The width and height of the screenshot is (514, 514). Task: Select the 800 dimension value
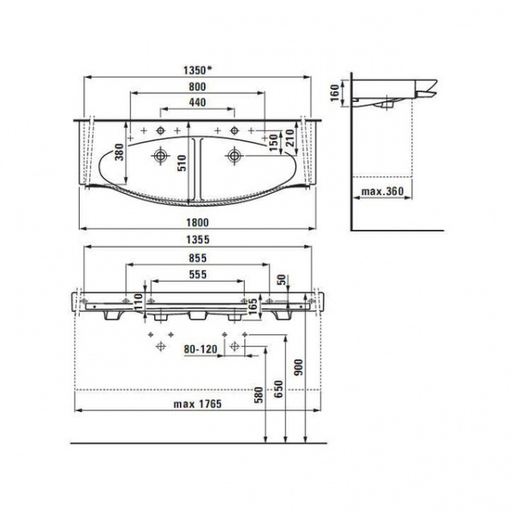coord(197,87)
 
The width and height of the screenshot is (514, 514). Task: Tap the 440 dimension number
coord(197,102)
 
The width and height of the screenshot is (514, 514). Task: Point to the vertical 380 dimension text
coord(120,152)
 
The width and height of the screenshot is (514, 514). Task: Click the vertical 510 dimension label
coord(182,163)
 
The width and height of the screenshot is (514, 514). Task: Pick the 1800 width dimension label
coord(197,223)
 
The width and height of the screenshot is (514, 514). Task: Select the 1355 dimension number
coord(198,240)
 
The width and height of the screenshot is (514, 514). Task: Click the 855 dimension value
coord(198,259)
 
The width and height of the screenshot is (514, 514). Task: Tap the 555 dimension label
coord(198,274)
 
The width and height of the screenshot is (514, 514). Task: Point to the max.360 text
coord(382,191)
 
